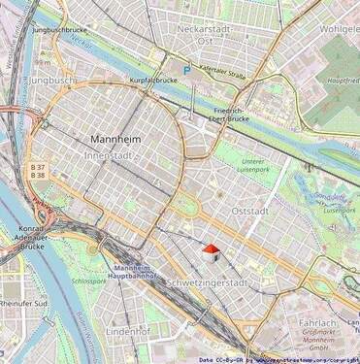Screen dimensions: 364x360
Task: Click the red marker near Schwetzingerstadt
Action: tap(210, 251)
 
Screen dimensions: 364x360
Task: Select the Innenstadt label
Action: tap(113, 154)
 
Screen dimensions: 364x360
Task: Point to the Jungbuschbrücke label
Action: tap(61, 30)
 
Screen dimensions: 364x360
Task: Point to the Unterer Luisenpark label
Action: tap(252, 166)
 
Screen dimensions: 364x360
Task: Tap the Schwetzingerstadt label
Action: tap(207, 283)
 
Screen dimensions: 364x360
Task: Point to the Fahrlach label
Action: tap(316, 322)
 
